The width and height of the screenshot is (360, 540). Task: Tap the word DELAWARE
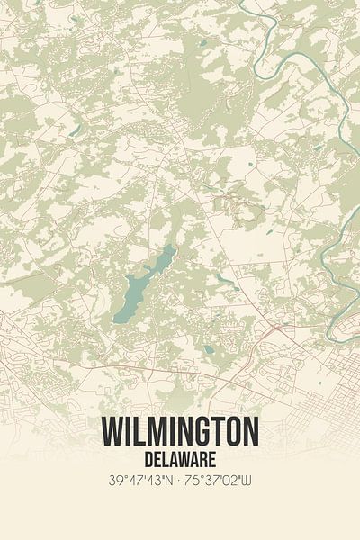(180, 457)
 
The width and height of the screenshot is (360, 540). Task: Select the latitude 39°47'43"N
(137, 481)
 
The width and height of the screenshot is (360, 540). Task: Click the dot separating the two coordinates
(180, 481)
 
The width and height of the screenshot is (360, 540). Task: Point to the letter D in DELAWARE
(148, 457)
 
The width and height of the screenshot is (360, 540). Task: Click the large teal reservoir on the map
(144, 283)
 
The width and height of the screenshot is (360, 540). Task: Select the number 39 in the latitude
(112, 481)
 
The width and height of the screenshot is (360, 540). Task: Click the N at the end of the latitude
(169, 481)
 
